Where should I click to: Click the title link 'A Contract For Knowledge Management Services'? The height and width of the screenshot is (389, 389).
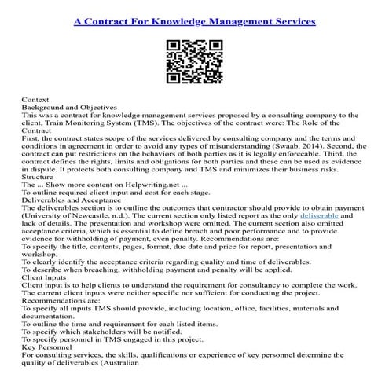194,21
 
